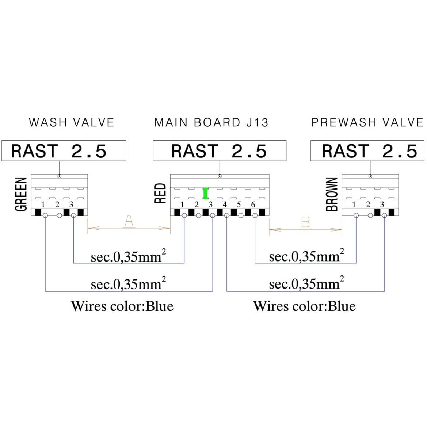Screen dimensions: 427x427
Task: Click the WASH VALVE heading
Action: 71,122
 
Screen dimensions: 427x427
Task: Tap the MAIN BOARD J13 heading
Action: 211,122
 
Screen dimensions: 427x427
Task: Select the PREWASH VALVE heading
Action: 367,122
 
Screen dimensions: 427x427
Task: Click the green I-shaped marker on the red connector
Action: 206,193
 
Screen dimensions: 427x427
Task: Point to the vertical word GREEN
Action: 21,194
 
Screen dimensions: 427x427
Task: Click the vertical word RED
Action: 160,193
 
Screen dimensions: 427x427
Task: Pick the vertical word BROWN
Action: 332,194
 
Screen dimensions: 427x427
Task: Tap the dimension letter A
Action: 129,221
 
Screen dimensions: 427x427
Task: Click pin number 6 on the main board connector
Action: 253,205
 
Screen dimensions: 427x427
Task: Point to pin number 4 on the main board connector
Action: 225,205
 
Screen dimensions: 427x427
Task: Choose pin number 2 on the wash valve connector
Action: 57,205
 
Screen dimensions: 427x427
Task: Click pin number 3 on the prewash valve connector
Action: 382,205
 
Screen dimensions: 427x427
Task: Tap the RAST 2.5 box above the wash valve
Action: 64,150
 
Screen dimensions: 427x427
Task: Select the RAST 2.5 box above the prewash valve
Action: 367,150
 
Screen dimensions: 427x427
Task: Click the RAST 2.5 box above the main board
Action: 220,150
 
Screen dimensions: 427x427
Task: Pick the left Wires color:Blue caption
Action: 122,306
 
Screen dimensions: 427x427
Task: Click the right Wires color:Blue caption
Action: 304,306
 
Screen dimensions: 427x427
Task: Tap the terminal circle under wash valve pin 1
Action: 45,216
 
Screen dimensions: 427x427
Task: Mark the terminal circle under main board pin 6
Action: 255,216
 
